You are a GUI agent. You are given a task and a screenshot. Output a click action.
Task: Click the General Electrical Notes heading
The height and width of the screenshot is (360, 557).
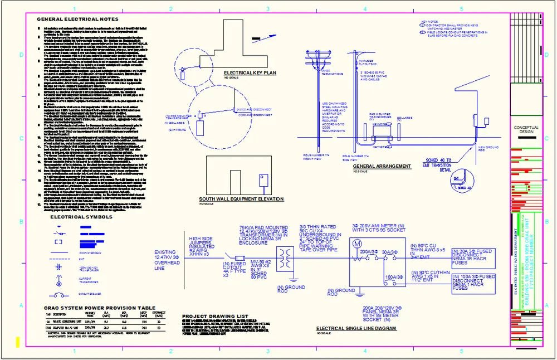[x=77, y=19]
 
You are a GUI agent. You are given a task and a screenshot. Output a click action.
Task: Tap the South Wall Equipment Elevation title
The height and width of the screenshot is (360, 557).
[x=241, y=199]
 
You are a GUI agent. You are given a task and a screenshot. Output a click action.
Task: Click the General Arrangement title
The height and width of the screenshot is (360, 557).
[x=382, y=166]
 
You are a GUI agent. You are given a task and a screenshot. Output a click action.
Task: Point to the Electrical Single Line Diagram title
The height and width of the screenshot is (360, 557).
[x=356, y=329]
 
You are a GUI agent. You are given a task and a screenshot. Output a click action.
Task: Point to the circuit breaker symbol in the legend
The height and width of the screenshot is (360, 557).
[x=58, y=293]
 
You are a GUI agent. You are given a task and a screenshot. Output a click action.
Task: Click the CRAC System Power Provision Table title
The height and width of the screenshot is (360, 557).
[x=100, y=308]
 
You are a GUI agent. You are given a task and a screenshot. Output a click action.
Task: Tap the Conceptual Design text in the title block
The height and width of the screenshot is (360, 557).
[x=526, y=130]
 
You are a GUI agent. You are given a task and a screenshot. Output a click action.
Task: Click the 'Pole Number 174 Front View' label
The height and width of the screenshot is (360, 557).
[x=315, y=157]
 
